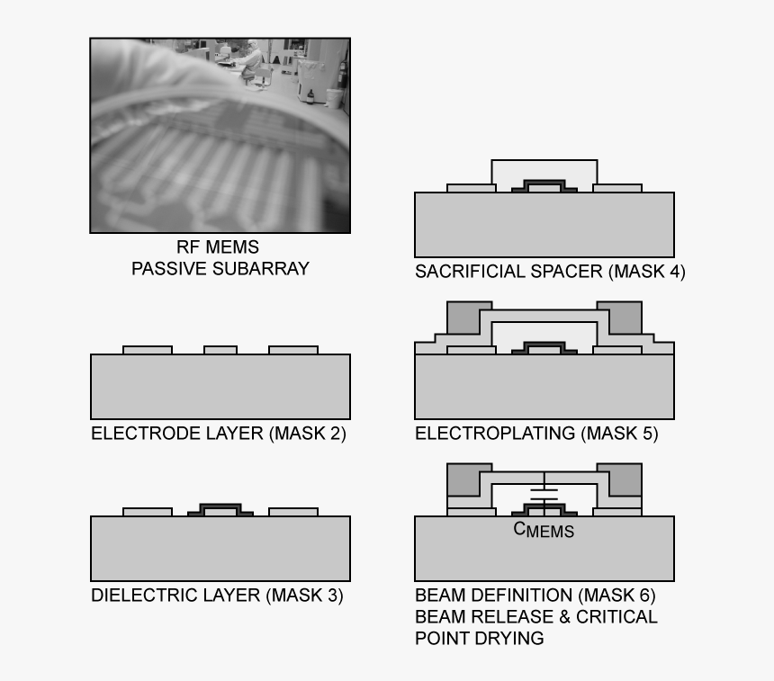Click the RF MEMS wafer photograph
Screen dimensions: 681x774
point(220,135)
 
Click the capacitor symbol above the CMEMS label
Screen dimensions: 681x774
point(544,493)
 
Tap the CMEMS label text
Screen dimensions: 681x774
point(544,530)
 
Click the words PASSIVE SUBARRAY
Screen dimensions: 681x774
point(220,268)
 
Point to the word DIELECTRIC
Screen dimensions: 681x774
point(138,596)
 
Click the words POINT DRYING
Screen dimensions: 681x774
point(479,639)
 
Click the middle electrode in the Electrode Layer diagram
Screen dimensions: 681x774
point(220,349)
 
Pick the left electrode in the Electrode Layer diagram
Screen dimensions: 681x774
point(147,349)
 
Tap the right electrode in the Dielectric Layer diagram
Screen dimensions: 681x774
point(293,512)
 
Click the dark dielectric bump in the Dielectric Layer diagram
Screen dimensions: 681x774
point(220,508)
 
